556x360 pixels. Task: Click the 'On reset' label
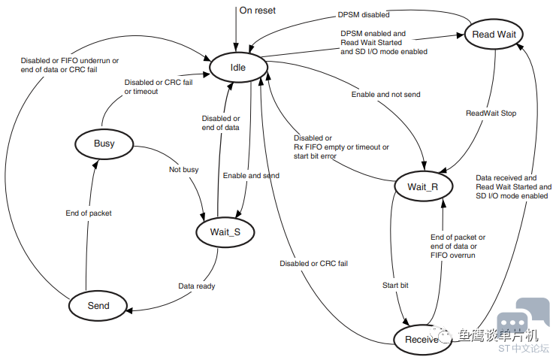click(258, 11)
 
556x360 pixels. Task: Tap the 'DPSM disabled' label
click(364, 15)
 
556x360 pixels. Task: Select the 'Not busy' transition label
click(183, 170)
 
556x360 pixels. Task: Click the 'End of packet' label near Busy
click(89, 213)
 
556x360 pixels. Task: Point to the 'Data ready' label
click(197, 286)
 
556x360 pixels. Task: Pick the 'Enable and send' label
click(251, 176)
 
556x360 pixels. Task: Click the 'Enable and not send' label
click(385, 95)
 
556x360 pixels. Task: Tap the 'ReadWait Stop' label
click(491, 113)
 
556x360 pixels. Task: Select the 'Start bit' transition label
click(395, 285)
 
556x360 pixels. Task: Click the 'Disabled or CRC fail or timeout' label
click(159, 87)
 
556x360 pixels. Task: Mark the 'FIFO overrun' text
click(453, 255)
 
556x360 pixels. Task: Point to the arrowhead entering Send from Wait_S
click(129, 311)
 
